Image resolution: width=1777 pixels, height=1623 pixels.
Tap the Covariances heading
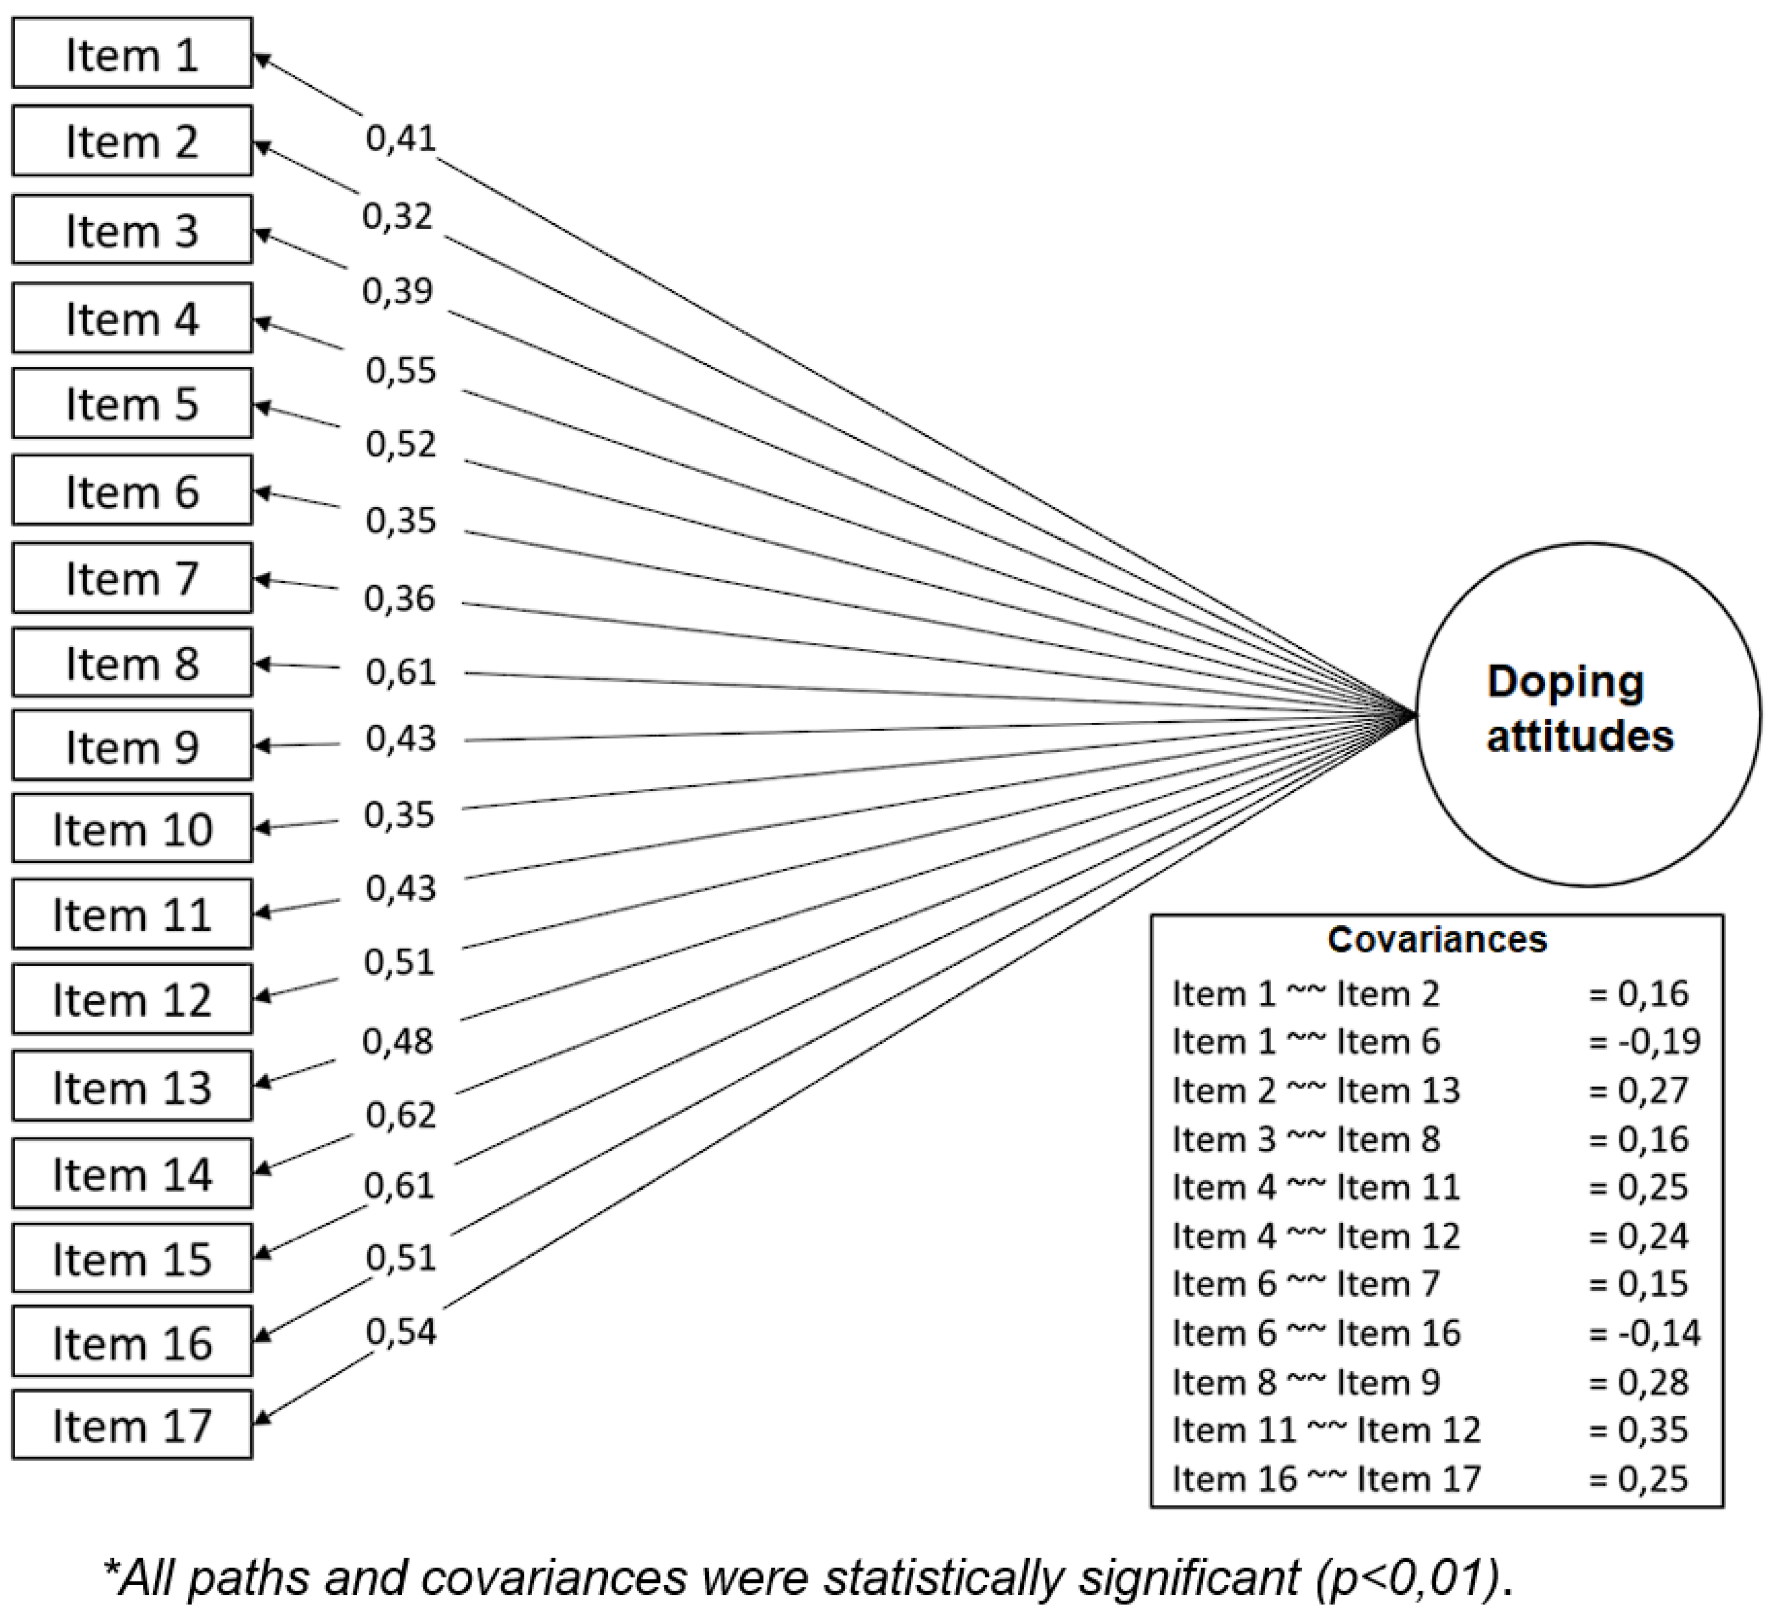coord(1437,940)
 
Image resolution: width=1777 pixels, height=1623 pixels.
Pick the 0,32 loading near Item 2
coord(398,216)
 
